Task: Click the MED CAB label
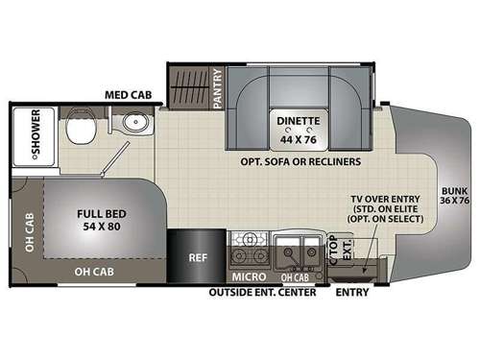click(126, 95)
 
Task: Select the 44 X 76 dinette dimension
click(295, 138)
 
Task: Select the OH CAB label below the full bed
click(98, 272)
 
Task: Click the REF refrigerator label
click(198, 258)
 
